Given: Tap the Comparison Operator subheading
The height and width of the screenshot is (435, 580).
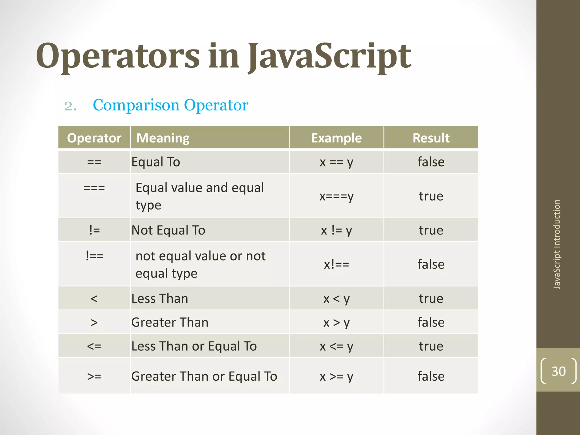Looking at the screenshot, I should [x=170, y=105].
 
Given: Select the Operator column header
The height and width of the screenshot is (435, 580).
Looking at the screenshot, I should [x=94, y=138].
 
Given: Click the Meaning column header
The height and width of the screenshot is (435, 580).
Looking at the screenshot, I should [x=163, y=138].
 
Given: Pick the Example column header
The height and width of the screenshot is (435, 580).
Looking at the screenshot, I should [x=336, y=138].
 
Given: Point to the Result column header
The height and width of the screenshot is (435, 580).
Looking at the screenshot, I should [x=431, y=138].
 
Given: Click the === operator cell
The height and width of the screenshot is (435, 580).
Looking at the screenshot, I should [x=94, y=188].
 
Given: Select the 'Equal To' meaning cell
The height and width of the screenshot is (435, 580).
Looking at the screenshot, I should [x=156, y=162].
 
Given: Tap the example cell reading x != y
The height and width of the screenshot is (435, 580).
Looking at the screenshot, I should [x=336, y=230].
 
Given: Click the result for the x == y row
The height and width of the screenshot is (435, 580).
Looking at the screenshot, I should [x=431, y=162].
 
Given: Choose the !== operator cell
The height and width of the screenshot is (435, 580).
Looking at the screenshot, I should [x=94, y=256].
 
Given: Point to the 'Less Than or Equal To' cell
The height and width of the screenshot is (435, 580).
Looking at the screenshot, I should [x=194, y=346].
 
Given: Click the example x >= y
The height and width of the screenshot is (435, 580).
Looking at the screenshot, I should [x=336, y=376].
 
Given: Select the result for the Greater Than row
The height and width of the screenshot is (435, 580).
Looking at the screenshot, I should [x=431, y=322].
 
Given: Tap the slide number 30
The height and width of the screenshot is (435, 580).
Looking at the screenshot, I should [x=558, y=371].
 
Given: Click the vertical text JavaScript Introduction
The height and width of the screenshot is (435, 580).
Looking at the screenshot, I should [x=557, y=244].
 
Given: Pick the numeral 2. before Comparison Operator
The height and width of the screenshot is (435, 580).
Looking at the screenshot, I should [x=70, y=106].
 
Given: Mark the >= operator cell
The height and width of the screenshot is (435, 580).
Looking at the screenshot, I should [x=94, y=376].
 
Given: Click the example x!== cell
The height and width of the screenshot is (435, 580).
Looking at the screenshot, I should [x=336, y=265].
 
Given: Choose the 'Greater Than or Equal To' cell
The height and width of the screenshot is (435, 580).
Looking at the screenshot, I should [x=204, y=376].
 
